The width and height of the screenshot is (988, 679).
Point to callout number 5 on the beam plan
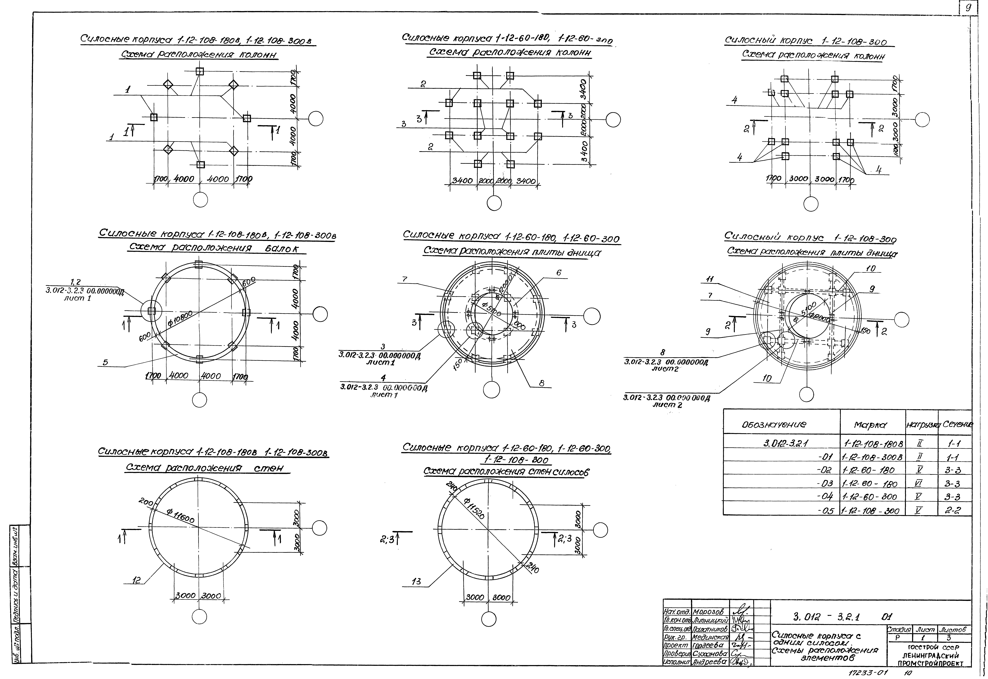(x=105, y=362)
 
